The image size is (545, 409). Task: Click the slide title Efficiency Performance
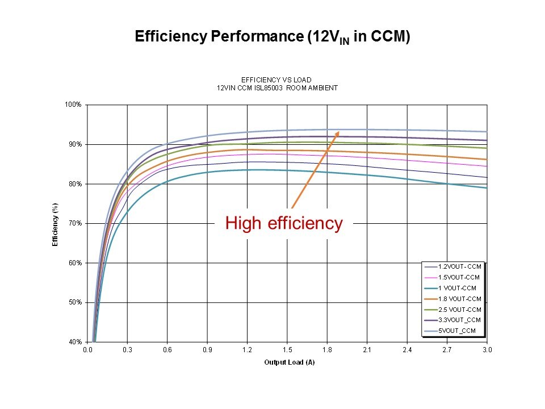272,37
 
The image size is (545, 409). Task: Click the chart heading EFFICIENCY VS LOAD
276,80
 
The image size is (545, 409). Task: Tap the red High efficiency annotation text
284,223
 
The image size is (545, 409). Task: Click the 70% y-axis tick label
76,223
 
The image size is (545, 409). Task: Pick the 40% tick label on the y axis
76,342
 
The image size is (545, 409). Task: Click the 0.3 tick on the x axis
128,350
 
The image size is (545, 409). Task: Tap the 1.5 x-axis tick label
287,350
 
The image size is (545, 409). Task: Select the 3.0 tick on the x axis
487,350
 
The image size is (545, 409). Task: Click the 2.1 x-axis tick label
367,350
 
